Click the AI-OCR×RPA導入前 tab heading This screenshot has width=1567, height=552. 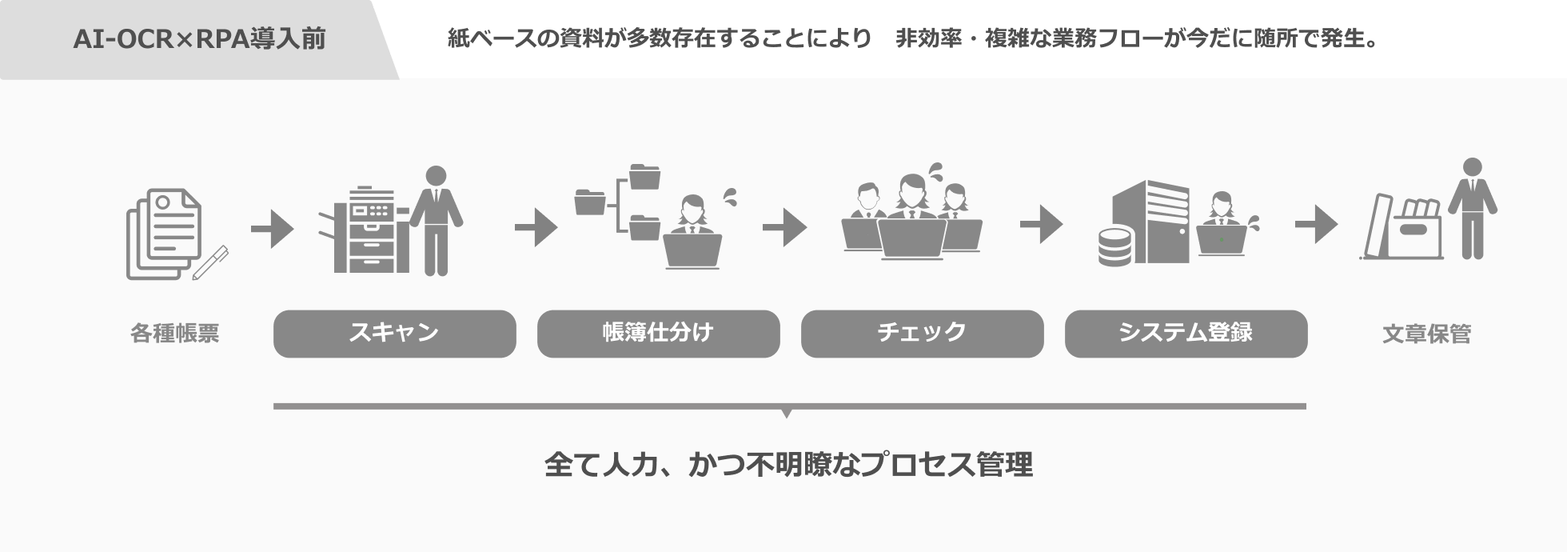coord(199,38)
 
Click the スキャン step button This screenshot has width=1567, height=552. coord(394,334)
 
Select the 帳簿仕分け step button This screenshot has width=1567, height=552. coord(658,334)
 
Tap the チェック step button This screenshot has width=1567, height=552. coord(922,334)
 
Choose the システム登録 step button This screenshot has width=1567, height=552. coord(1186,334)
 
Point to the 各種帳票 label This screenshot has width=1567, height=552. coord(174,334)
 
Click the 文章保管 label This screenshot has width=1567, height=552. coord(1426,334)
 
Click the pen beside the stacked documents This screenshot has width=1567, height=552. coord(210,262)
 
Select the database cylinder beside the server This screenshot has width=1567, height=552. coord(1114,246)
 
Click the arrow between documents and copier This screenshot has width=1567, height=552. coord(273,228)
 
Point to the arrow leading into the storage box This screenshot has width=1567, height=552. coord(1316,225)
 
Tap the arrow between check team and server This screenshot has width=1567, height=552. coord(1042,225)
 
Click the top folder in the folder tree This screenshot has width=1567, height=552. coord(644,176)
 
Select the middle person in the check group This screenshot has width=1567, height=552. coord(912,216)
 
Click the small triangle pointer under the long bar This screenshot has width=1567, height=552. coord(787,414)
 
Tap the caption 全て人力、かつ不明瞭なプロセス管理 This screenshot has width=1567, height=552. coord(788,464)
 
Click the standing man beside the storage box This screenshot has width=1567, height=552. coord(1473,209)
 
